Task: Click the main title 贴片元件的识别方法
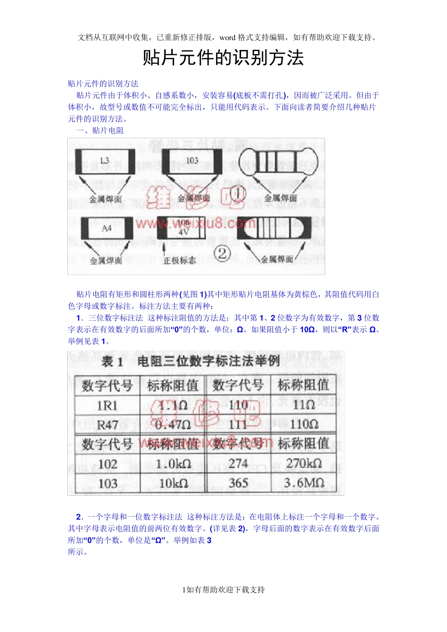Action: (x=223, y=58)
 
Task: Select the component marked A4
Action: (x=106, y=229)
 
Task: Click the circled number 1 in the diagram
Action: (x=238, y=193)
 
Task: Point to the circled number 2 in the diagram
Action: (x=222, y=253)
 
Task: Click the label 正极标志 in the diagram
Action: (x=179, y=260)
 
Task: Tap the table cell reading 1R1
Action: (x=107, y=405)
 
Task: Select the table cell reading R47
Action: (x=107, y=425)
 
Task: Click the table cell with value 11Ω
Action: (x=303, y=405)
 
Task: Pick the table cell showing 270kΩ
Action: (x=304, y=464)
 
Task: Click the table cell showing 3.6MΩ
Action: (x=304, y=483)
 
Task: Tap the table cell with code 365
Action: (x=238, y=483)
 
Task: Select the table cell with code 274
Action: (x=238, y=464)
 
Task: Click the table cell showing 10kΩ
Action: (x=173, y=483)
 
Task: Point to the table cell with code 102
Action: (x=107, y=464)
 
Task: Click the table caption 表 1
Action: (x=112, y=362)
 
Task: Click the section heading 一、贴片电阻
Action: (x=100, y=131)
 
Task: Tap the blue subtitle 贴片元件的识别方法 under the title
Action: (x=103, y=84)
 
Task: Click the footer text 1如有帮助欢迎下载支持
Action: (x=223, y=590)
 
